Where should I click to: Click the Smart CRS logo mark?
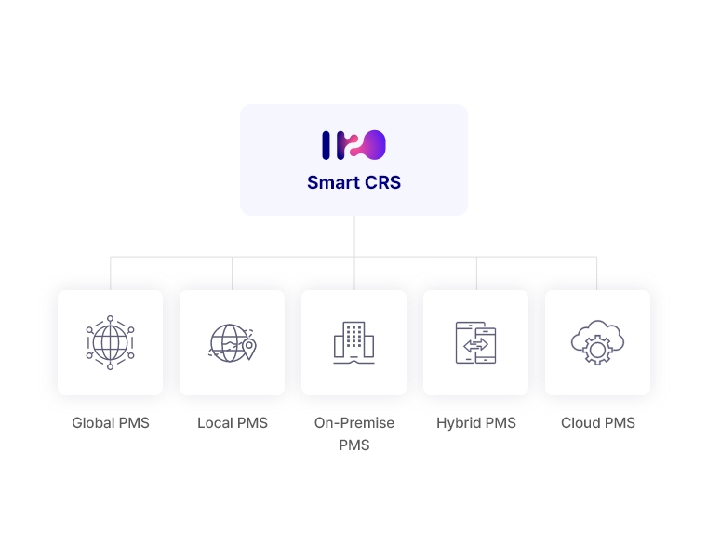coord(353,145)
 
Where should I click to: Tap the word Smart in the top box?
coord(334,182)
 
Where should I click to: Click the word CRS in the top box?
coord(383,182)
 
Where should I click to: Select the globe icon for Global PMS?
coord(110,342)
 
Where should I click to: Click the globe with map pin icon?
coord(233,343)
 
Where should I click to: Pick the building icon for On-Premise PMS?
coord(353,342)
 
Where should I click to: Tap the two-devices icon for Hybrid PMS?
coord(475,342)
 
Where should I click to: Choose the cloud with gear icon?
coord(597,342)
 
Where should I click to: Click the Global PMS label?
coord(111,423)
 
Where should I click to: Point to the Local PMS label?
coord(233,423)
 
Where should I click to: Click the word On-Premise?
coord(353,423)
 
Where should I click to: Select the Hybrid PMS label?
coord(476,423)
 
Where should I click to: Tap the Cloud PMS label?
coord(598,423)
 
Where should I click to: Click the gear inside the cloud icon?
coord(597,350)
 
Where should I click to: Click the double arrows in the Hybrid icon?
coord(475,346)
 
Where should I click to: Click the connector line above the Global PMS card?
coord(111,273)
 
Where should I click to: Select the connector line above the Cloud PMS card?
coord(597,273)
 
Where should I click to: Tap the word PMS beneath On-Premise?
coord(353,445)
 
